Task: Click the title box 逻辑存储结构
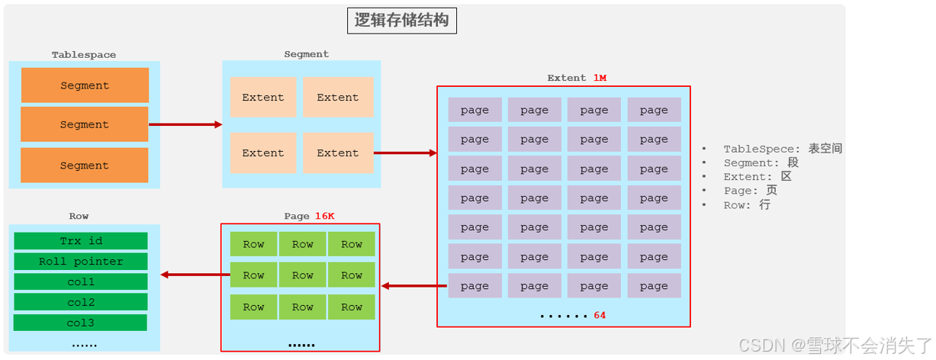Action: click(402, 21)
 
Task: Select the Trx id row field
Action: click(81, 241)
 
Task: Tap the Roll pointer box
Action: click(81, 262)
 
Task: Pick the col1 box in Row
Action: click(81, 282)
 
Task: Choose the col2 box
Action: click(81, 302)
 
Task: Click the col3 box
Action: click(80, 323)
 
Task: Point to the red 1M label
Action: click(600, 78)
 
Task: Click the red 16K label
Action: click(325, 216)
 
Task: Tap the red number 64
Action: click(600, 315)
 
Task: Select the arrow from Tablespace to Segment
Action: click(185, 124)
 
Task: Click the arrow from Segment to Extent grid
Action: click(405, 153)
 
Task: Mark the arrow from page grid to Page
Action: click(413, 286)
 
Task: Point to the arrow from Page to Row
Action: click(191, 275)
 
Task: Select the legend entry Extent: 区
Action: click(757, 177)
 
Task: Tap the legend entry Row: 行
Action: click(747, 205)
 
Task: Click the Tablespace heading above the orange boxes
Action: click(84, 55)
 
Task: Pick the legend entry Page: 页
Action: click(750, 191)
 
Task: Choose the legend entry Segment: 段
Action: click(761, 162)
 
